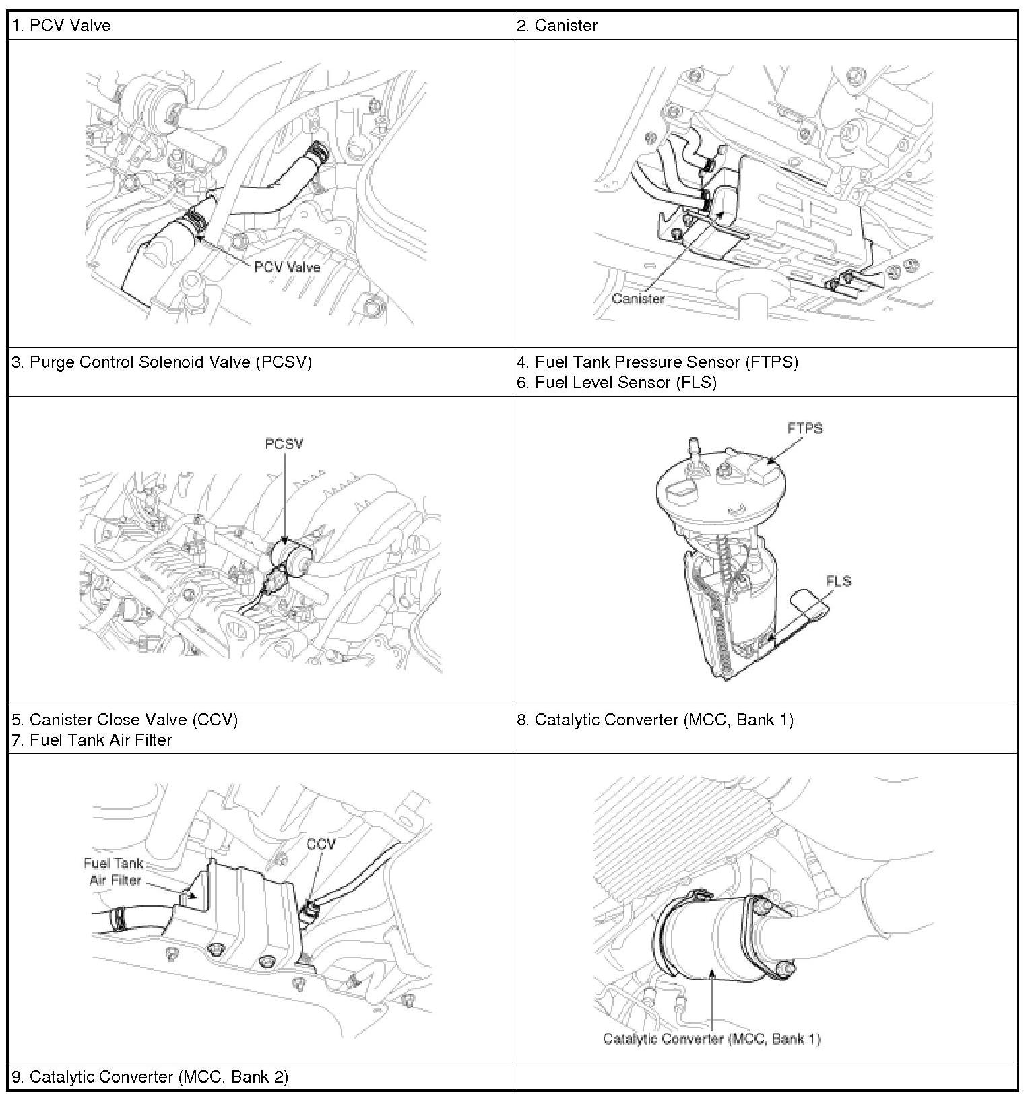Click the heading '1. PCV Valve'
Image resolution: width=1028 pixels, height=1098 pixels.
point(61,26)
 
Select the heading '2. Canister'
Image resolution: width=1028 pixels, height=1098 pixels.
point(557,26)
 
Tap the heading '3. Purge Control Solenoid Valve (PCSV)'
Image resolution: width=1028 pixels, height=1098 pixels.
point(162,362)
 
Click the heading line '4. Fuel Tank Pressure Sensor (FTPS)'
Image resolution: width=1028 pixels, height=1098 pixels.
point(657,362)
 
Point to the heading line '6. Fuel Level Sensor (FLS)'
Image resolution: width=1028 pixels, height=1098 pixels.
point(616,383)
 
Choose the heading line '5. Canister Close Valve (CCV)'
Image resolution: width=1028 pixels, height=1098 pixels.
point(125,720)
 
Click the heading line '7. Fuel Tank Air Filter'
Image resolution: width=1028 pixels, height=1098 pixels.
point(92,740)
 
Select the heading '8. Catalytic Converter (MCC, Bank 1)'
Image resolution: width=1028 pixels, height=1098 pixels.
point(655,720)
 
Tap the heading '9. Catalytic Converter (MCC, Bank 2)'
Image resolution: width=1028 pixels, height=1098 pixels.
point(150,1077)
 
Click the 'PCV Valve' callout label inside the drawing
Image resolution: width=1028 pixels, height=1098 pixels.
point(288,267)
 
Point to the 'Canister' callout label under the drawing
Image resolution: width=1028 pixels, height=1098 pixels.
point(638,298)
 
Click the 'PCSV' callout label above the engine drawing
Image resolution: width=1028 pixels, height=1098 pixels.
point(284,444)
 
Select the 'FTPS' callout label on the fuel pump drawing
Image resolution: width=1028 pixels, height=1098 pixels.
point(804,428)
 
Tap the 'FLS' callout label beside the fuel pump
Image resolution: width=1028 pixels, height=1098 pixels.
point(838,581)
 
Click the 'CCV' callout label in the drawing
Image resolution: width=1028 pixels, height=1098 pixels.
point(320,844)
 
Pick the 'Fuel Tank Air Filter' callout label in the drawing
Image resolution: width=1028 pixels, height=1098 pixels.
point(114,872)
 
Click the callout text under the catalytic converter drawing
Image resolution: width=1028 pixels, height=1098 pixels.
point(712,1039)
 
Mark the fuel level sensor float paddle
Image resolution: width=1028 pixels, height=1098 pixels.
point(810,604)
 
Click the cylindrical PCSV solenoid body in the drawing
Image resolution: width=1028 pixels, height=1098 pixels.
point(292,555)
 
